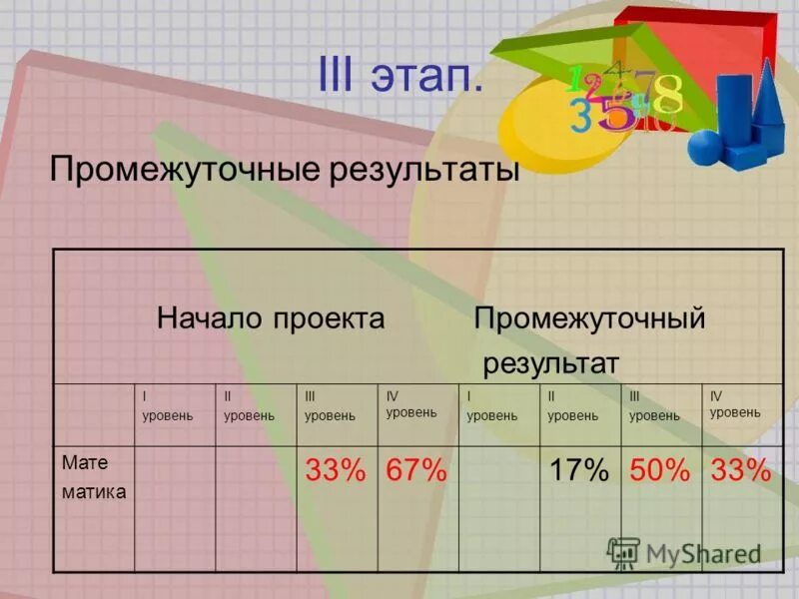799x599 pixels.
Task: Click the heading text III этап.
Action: pyautogui.click(x=399, y=78)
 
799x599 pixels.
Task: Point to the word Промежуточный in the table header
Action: pyautogui.click(x=589, y=319)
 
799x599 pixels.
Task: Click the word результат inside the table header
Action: pyautogui.click(x=551, y=362)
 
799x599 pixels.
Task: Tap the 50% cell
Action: pyautogui.click(x=659, y=470)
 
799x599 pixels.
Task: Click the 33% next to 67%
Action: pyautogui.click(x=336, y=470)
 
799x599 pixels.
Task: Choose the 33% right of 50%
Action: pyautogui.click(x=741, y=470)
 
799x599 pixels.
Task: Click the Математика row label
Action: pyautogui.click(x=94, y=477)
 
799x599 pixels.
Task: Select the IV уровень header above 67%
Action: pyautogui.click(x=411, y=404)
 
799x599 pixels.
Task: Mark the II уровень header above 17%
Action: pyautogui.click(x=572, y=407)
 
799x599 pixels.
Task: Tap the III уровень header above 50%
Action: pyautogui.click(x=654, y=407)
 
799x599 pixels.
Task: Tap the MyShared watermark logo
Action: pyautogui.click(x=684, y=553)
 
